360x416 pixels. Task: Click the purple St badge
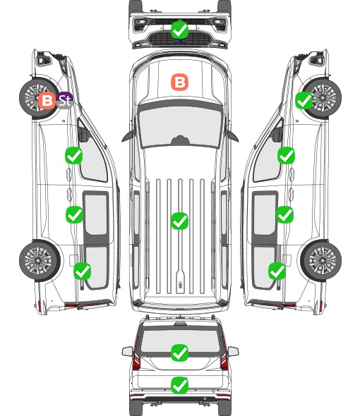65,100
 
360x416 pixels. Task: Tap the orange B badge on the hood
179,82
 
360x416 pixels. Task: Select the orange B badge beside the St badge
47,101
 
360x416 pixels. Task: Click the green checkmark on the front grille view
179,30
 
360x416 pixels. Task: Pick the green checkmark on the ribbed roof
179,221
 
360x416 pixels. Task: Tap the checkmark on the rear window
179,353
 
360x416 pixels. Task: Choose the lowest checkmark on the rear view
179,385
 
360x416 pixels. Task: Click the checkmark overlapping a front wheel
304,101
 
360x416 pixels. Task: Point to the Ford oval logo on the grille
180,41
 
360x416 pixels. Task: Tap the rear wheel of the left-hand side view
40,260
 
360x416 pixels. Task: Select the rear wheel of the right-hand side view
321,260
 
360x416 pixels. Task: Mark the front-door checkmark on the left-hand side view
73,155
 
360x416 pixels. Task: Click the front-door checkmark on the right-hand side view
286,155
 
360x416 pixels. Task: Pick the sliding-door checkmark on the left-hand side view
74,214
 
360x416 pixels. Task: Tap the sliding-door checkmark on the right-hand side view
284,214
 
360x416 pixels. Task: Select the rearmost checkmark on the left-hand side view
82,271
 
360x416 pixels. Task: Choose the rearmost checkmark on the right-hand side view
277,271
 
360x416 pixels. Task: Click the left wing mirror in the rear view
127,351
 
